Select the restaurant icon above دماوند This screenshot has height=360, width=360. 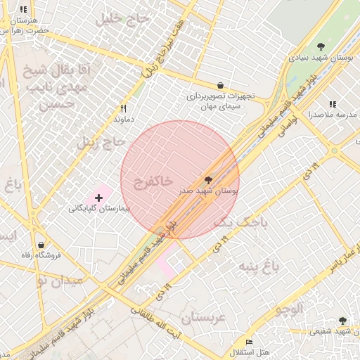click(x=124, y=108)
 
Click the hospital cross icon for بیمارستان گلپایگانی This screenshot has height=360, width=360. click(x=98, y=198)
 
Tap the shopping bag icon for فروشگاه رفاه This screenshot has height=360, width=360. click(x=41, y=244)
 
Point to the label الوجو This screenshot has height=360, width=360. click(x=289, y=309)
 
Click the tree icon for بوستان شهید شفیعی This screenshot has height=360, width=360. click(x=342, y=320)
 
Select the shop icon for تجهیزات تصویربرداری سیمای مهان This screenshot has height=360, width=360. click(x=221, y=84)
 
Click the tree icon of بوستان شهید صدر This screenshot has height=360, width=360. click(x=207, y=180)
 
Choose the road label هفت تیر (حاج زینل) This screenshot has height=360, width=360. click(x=160, y=53)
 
